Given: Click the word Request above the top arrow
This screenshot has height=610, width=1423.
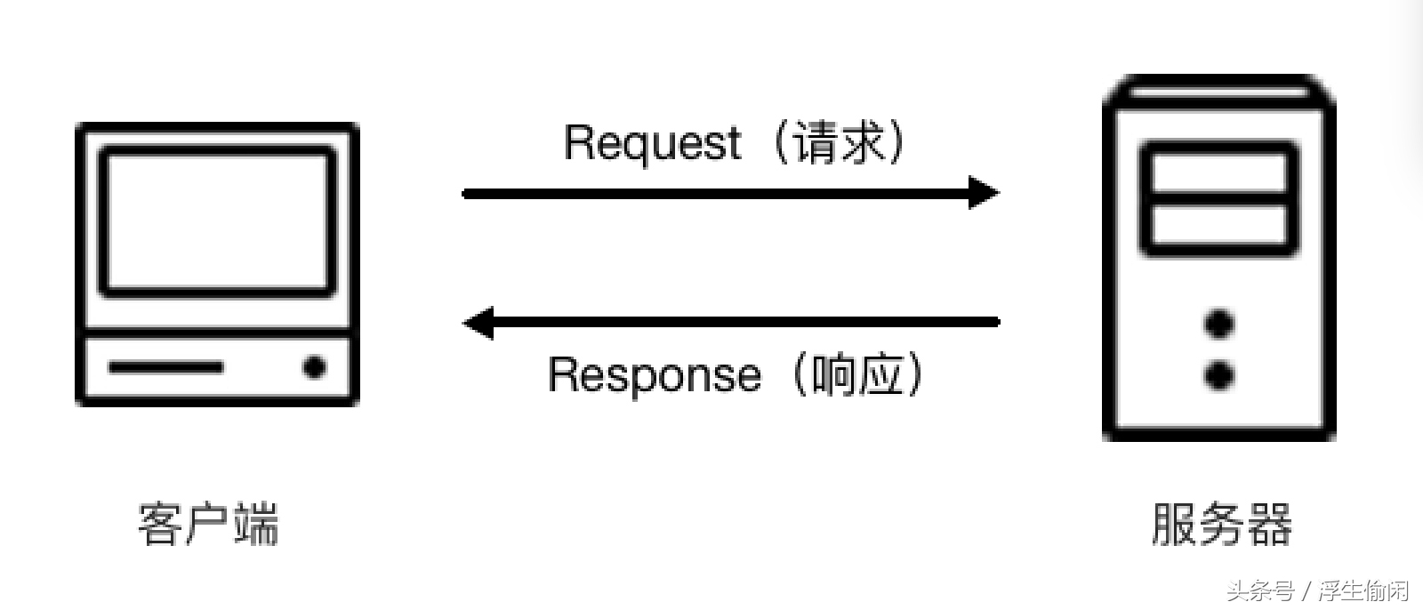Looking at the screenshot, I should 652,142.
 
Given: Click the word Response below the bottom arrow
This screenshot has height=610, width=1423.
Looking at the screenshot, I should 654,374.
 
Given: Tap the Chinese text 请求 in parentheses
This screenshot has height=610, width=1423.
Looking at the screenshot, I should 840,142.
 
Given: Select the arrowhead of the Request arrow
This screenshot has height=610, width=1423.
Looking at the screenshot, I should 984,193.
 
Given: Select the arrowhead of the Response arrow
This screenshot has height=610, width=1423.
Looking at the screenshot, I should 479,322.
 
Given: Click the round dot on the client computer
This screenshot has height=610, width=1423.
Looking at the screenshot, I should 314,366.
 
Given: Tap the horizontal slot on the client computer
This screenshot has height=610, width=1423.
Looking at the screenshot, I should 165,366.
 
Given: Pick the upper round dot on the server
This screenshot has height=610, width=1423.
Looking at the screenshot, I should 1219,324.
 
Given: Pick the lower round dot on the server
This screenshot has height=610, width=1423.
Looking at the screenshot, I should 1219,375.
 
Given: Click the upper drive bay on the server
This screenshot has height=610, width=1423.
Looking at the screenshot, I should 1219,173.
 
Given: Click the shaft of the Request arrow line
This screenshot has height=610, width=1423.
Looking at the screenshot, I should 711,193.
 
